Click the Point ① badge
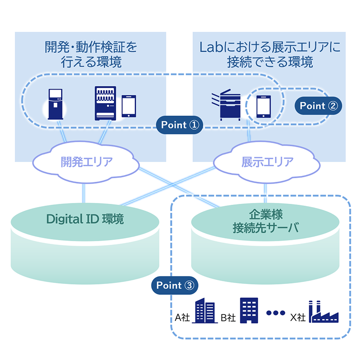(180, 125)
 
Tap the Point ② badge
(318, 106)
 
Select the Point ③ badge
(175, 285)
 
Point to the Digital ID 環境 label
(85, 219)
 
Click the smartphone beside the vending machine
(129, 106)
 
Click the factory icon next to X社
(324, 312)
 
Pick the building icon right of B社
(248, 310)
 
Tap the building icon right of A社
(204, 311)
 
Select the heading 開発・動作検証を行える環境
(91, 54)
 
